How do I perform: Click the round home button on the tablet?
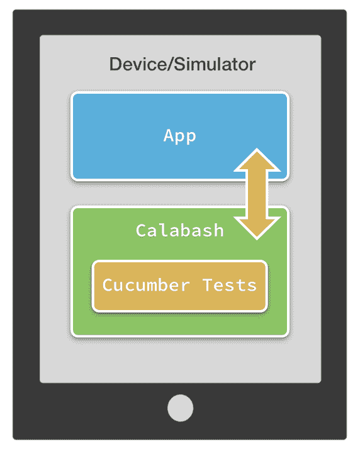tap(180, 408)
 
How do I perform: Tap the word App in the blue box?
tap(179, 136)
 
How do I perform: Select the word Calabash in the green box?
tap(179, 230)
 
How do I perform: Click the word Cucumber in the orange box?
tap(146, 285)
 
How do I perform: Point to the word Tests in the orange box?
tap(230, 285)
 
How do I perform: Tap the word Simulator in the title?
tap(215, 64)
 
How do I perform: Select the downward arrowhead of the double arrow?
tap(257, 228)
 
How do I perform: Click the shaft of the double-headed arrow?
tap(257, 194)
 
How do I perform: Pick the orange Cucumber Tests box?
tap(179, 286)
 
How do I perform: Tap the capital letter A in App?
tap(169, 135)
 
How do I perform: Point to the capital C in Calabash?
tap(141, 230)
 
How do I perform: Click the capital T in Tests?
tap(208, 285)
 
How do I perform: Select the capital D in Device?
tap(115, 64)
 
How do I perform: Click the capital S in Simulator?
tap(180, 64)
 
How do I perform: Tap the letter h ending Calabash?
tap(218, 230)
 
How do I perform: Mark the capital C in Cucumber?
tap(108, 285)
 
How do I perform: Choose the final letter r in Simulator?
tap(252, 66)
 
